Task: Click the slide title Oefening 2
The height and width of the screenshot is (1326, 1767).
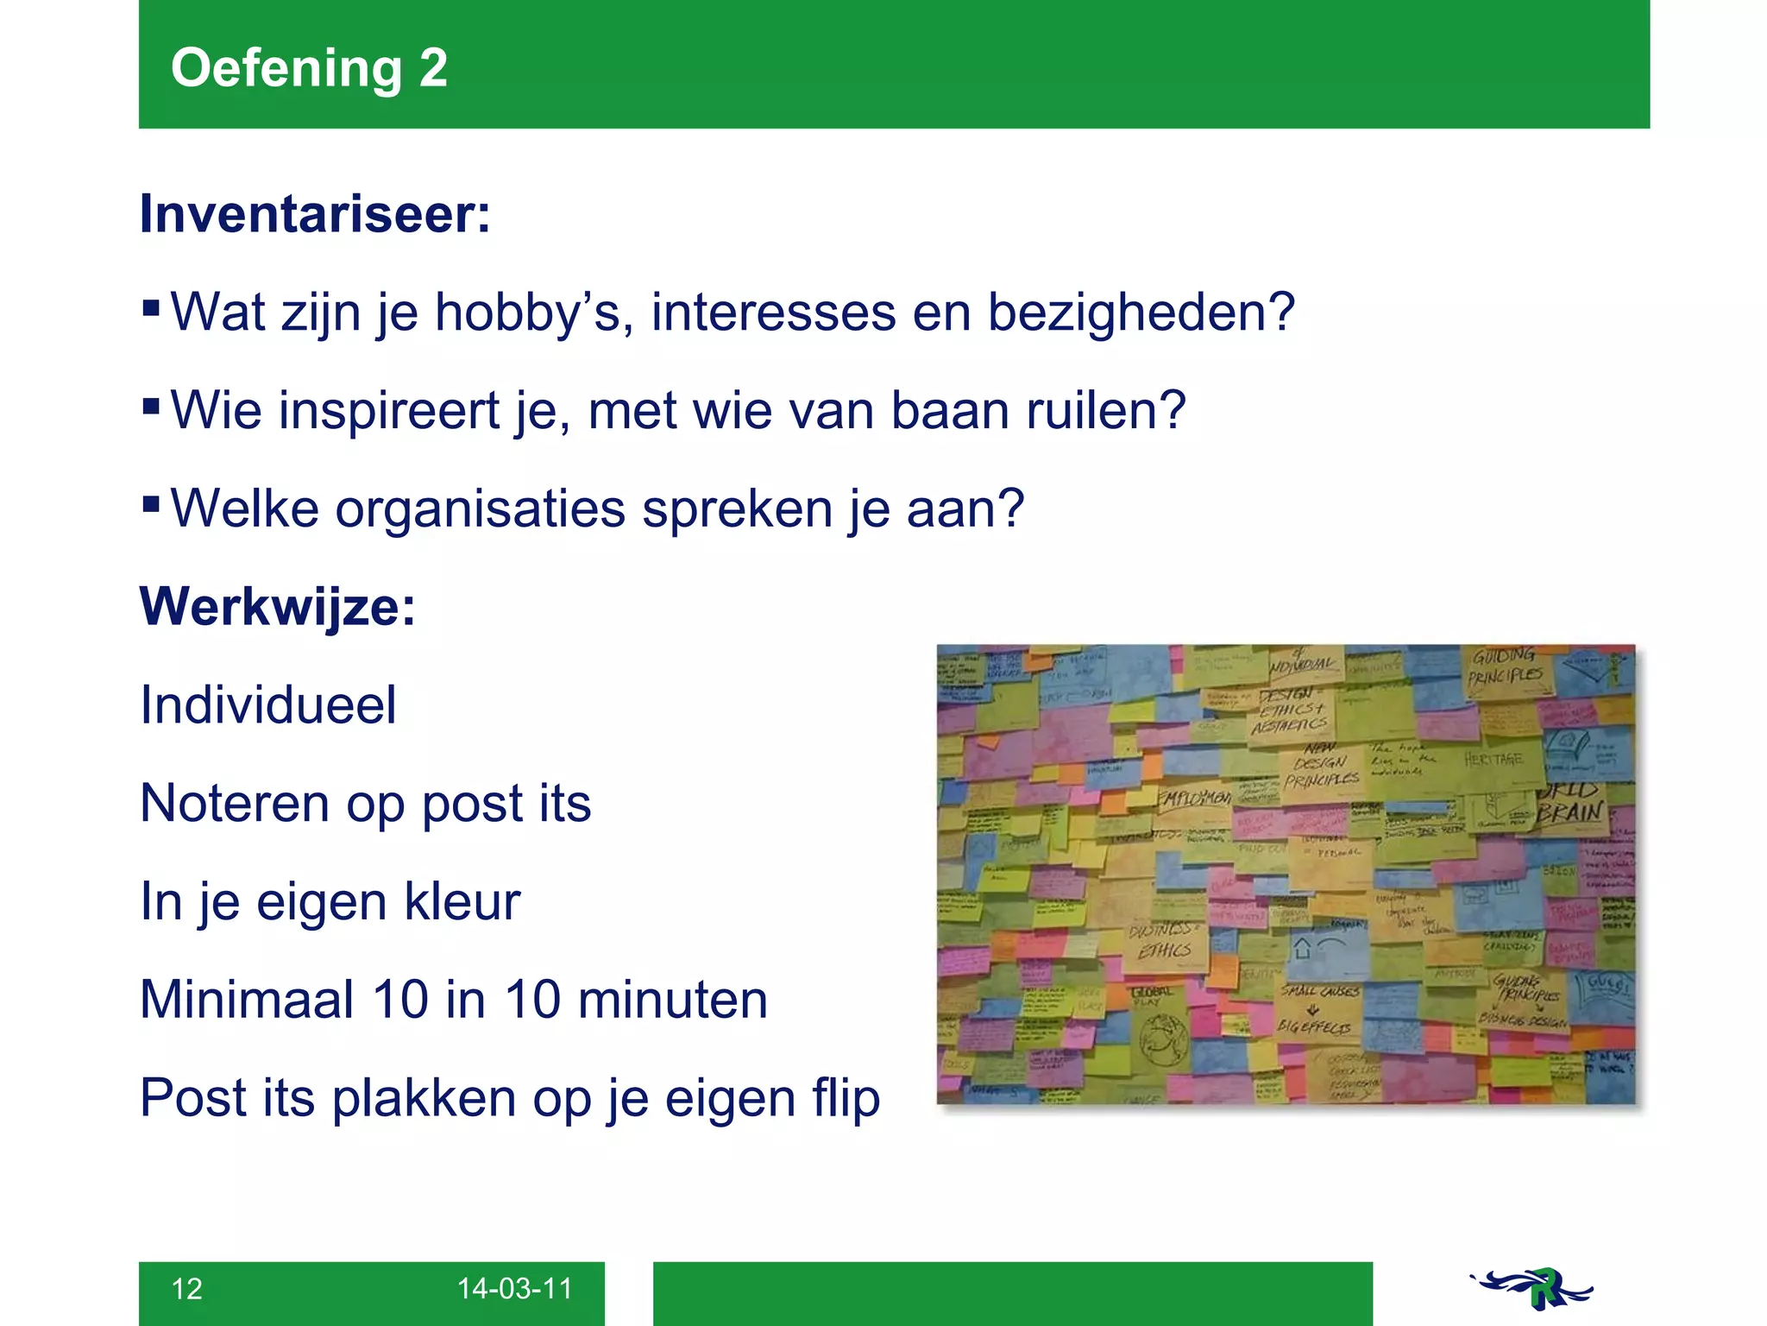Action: tap(309, 68)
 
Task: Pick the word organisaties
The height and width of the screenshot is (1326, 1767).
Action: tap(480, 508)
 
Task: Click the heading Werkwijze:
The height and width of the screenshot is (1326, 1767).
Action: tap(278, 607)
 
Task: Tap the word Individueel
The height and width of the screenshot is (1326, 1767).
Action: tap(268, 705)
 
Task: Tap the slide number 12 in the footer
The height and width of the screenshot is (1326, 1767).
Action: tap(187, 1289)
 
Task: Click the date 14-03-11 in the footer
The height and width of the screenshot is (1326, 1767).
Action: tap(514, 1289)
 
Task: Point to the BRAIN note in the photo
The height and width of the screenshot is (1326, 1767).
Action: tap(1570, 812)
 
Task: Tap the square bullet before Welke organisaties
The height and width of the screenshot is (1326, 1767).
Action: tap(151, 502)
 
